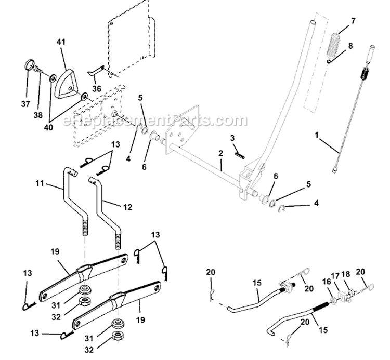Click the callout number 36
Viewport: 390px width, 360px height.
[x=96, y=88]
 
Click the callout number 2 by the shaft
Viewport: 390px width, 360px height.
[x=220, y=154]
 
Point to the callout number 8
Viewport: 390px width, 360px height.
[x=350, y=46]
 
